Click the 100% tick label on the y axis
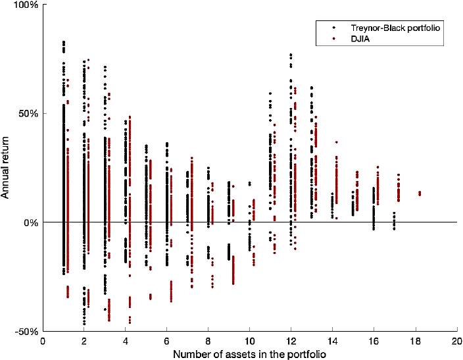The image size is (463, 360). click(26, 5)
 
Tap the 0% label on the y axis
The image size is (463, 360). click(30, 222)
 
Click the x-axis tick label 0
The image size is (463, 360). click(43, 342)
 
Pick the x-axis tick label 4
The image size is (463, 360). click(126, 342)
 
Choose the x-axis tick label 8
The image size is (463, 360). click(208, 342)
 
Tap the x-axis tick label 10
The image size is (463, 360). click(250, 342)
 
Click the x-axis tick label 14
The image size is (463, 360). click(333, 342)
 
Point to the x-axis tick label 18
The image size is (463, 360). click(416, 342)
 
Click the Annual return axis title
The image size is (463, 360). click(8, 168)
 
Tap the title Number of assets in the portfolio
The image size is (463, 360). click(250, 353)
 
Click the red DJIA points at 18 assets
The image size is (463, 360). click(420, 193)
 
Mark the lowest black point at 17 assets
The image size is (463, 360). click(394, 228)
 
